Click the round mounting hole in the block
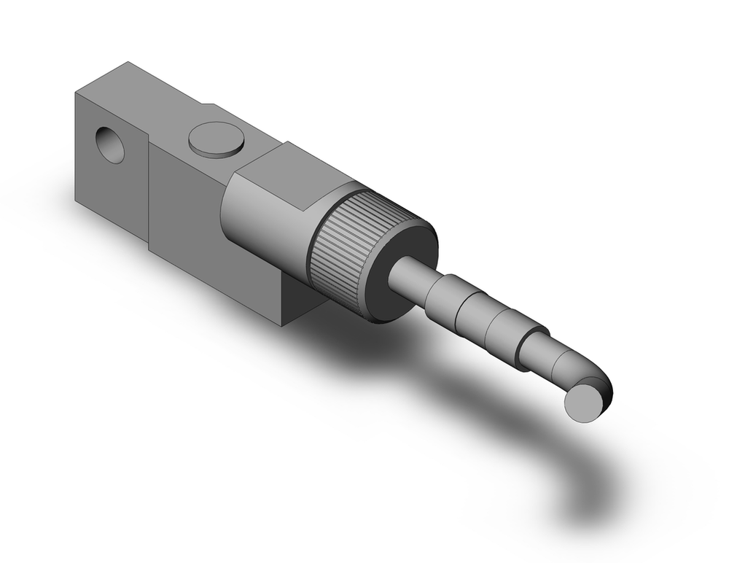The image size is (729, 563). [110, 144]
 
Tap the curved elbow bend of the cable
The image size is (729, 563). [594, 376]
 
